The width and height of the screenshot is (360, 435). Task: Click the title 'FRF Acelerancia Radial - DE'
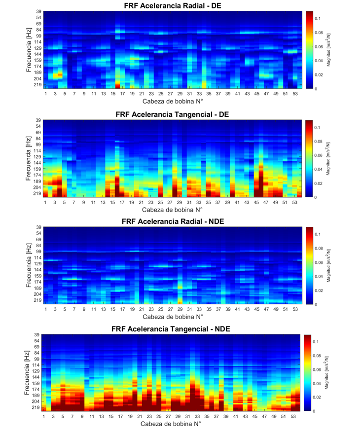173,5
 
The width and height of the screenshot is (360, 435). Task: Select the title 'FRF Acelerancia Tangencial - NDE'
171,329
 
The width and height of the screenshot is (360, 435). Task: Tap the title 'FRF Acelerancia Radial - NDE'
173,221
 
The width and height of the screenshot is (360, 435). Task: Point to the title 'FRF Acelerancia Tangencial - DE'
172,114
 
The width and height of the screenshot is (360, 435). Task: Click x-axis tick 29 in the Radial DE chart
180,94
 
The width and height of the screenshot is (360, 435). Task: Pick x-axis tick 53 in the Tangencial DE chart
294,203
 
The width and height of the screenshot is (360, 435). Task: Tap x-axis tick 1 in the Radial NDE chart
46,309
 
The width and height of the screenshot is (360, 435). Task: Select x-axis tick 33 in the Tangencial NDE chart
197,416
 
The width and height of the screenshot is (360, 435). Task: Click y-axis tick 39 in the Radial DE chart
38,11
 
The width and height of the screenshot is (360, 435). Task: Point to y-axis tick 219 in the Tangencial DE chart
37,193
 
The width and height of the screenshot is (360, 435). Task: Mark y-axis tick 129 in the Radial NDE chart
37,263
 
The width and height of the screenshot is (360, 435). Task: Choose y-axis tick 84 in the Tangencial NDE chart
36,353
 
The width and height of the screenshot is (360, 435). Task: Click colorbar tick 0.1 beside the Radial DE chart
318,18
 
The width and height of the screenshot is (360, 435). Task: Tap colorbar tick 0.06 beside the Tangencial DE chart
318,155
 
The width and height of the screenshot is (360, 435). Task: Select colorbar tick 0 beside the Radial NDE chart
316,305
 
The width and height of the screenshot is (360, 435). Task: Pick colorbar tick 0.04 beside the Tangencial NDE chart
317,383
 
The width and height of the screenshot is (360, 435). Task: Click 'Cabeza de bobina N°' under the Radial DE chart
173,101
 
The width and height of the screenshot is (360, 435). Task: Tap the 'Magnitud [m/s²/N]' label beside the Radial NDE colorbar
328,265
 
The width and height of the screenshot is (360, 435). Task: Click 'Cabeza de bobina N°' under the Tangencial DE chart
172,210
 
